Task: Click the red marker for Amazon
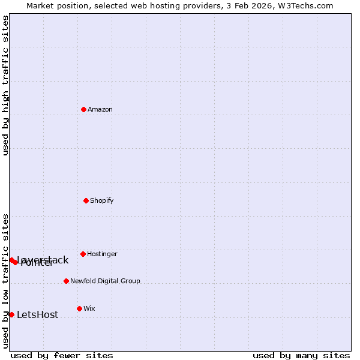click(x=84, y=109)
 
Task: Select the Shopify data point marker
click(x=86, y=200)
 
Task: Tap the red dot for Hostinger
click(x=83, y=254)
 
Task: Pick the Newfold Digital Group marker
click(x=66, y=281)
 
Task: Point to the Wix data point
click(x=79, y=308)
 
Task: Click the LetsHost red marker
click(x=11, y=314)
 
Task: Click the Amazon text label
click(x=100, y=109)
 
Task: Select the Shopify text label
click(x=102, y=200)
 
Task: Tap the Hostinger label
click(x=102, y=254)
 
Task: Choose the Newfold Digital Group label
click(x=105, y=281)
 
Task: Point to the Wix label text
click(x=89, y=308)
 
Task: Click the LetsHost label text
click(x=37, y=315)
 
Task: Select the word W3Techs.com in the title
click(x=305, y=5)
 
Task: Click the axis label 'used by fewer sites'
click(x=62, y=355)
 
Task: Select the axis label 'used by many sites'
click(x=301, y=355)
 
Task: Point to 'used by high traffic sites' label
click(x=5, y=85)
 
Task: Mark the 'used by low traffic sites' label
click(x=5, y=281)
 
